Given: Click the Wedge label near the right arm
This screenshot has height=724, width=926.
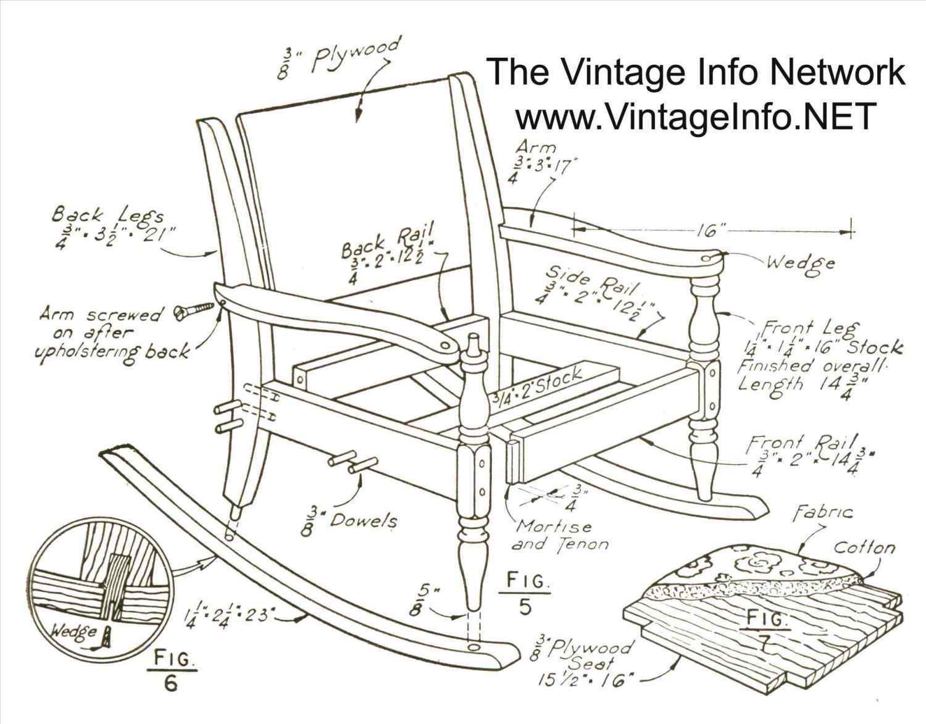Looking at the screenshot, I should coord(800,264).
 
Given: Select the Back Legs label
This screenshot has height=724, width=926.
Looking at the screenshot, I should coord(107,217).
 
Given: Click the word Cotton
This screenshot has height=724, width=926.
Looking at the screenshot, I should coord(864,547).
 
